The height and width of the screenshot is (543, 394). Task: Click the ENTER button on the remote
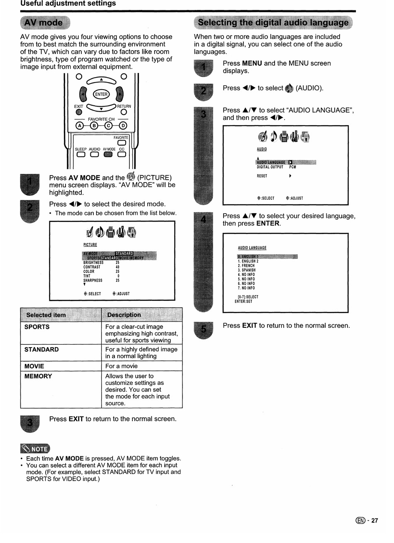[101, 94]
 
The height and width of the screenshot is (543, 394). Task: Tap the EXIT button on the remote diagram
[79, 112]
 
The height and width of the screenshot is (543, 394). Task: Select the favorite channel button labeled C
[109, 126]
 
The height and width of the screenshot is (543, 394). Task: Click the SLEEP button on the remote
[80, 155]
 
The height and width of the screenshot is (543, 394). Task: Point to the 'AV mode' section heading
[44, 23]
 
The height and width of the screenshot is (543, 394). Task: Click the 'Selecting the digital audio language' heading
[273, 22]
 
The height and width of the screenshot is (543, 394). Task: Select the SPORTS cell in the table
[37, 327]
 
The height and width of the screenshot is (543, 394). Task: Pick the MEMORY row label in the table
[38, 377]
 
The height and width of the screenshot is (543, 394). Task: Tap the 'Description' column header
[124, 315]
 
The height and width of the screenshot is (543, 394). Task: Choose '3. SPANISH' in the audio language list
[247, 270]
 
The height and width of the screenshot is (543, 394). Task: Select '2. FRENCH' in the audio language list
[246, 265]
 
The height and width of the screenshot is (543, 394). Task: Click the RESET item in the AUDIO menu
[262, 176]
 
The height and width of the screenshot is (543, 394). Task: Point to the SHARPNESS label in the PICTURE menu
[93, 280]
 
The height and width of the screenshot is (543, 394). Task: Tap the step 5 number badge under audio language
[203, 330]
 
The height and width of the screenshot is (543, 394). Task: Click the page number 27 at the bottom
[375, 521]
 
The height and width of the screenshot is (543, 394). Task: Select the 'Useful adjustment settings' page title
[68, 4]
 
